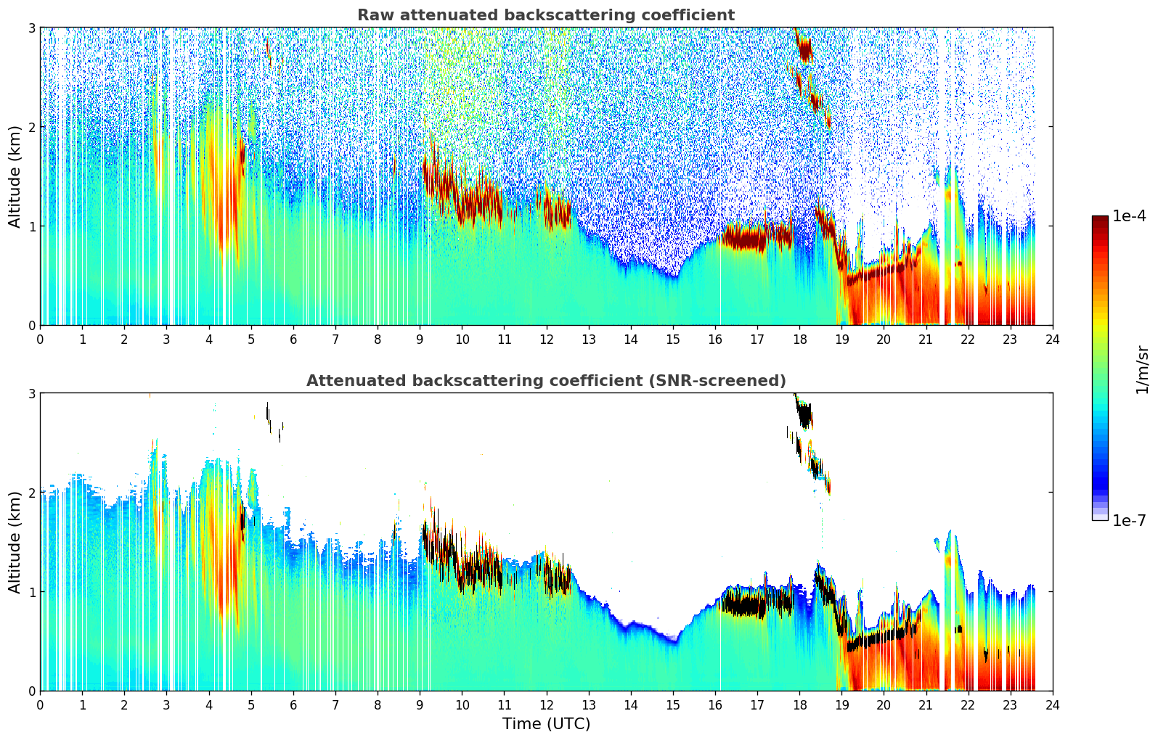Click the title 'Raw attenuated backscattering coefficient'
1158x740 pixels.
(545, 15)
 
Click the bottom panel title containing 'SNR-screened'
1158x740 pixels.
(545, 381)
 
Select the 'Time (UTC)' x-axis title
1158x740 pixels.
(546, 724)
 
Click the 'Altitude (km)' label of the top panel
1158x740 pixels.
(15, 176)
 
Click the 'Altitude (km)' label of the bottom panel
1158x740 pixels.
(15, 542)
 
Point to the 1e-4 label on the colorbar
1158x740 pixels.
(1129, 216)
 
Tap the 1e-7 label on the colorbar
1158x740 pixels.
(1129, 521)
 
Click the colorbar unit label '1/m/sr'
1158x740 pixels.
(1142, 369)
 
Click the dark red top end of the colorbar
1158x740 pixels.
(1100, 220)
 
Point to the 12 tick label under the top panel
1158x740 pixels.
(546, 340)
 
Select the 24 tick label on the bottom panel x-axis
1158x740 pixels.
(1052, 705)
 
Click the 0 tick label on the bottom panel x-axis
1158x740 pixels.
(40, 705)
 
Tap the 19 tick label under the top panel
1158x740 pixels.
(841, 340)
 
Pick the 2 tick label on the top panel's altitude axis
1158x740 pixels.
(31, 127)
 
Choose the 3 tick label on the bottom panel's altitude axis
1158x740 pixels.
(31, 393)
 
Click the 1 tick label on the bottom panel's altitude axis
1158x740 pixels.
(31, 592)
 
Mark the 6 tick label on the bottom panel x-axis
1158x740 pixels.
(293, 705)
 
